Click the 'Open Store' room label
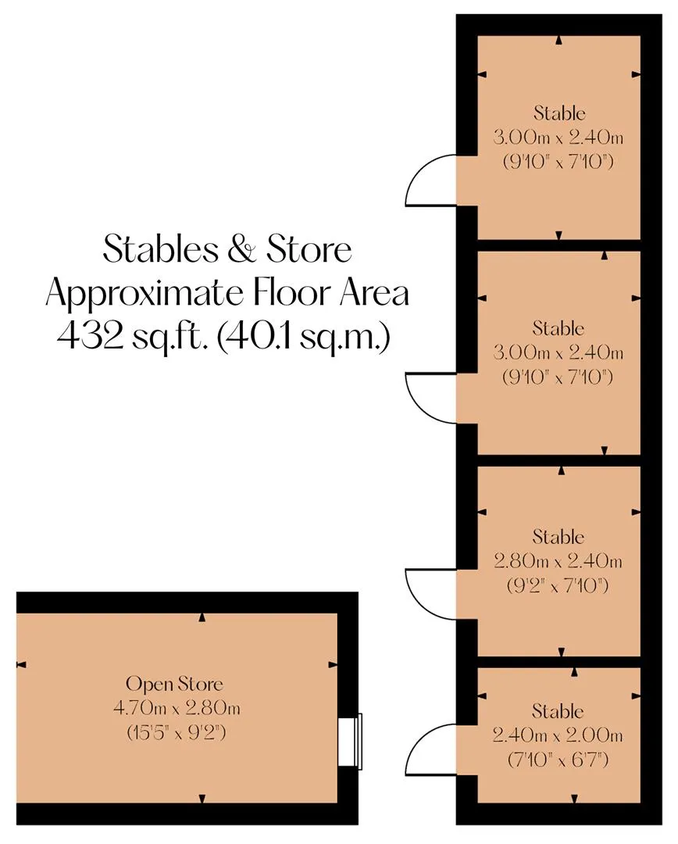(x=174, y=684)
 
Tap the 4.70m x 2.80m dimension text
(x=177, y=708)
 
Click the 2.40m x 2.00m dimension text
(x=558, y=735)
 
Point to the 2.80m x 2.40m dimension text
(x=558, y=561)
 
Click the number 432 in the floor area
(x=89, y=337)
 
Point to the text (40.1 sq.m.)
(x=304, y=338)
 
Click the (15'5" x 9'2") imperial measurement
(x=177, y=732)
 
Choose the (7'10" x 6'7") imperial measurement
(x=558, y=760)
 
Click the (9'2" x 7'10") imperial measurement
(x=558, y=585)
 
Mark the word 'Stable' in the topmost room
(x=559, y=113)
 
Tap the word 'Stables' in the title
(x=162, y=250)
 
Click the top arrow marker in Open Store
(x=202, y=617)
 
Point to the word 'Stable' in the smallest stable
(x=558, y=711)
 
